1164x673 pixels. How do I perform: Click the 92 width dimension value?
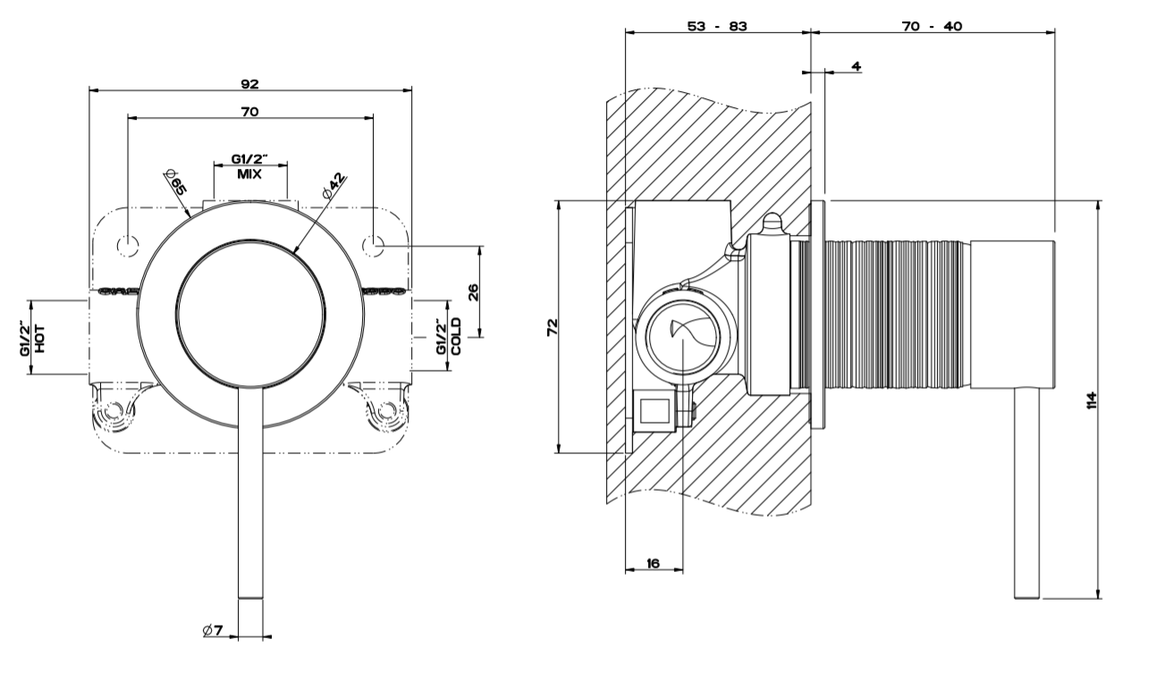(250, 84)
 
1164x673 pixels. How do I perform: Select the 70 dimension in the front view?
(250, 112)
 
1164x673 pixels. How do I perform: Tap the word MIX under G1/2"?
(249, 174)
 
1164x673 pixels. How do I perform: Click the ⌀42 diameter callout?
(334, 186)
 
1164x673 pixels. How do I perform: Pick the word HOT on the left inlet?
(40, 339)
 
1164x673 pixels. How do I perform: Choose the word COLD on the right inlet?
(456, 337)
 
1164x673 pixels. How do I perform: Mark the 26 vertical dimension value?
(474, 292)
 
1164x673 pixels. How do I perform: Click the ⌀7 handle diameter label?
(213, 630)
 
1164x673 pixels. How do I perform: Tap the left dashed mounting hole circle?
(128, 246)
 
